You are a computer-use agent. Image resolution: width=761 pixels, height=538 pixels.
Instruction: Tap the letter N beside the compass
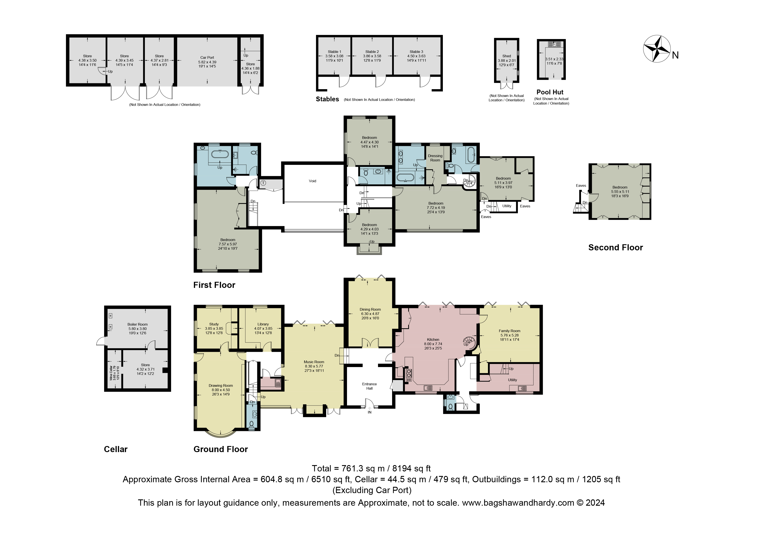coord(675,55)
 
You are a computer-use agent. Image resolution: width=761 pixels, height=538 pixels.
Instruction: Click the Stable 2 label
coord(372,52)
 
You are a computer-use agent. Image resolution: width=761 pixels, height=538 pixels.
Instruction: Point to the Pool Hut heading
coord(550,92)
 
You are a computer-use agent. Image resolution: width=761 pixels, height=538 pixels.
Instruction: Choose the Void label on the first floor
coord(313,181)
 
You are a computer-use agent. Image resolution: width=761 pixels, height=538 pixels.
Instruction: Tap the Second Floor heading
coord(615,248)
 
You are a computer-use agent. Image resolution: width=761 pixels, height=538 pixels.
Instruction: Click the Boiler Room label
coord(137,325)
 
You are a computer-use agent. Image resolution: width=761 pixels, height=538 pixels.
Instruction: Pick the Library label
coord(263,324)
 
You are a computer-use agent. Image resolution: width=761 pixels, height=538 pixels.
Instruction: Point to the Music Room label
coord(314,362)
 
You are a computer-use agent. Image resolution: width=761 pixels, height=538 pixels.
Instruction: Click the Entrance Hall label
coord(370,386)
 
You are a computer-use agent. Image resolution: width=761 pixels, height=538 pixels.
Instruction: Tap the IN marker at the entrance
coord(370,412)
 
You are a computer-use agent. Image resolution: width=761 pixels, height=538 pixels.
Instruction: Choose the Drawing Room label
coord(221,385)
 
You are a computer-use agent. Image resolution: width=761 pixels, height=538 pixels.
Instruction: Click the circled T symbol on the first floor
coord(263,183)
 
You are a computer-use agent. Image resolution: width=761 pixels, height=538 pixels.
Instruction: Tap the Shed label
coord(506,56)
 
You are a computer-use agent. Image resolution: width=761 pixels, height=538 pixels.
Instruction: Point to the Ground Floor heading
coord(221,449)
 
